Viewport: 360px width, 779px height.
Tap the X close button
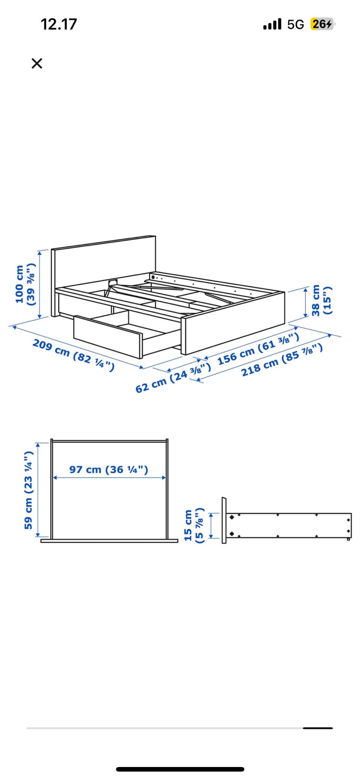coord(37,63)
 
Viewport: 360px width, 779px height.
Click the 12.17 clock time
coord(58,24)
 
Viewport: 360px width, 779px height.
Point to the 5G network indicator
coord(295,25)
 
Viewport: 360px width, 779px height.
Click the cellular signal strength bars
coord(272,25)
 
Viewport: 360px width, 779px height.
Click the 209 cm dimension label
coord(73,355)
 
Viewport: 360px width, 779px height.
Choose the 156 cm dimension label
coord(258,348)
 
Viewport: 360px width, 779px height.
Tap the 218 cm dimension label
coord(282,360)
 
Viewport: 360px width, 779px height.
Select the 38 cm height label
coord(321,300)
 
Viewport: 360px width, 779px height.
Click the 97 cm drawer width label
coord(109,469)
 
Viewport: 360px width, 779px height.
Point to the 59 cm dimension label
coord(28,490)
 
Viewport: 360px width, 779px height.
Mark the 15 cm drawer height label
coord(193,525)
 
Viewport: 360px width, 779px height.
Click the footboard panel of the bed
coord(233,323)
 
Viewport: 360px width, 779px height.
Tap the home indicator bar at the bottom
coord(180,769)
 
